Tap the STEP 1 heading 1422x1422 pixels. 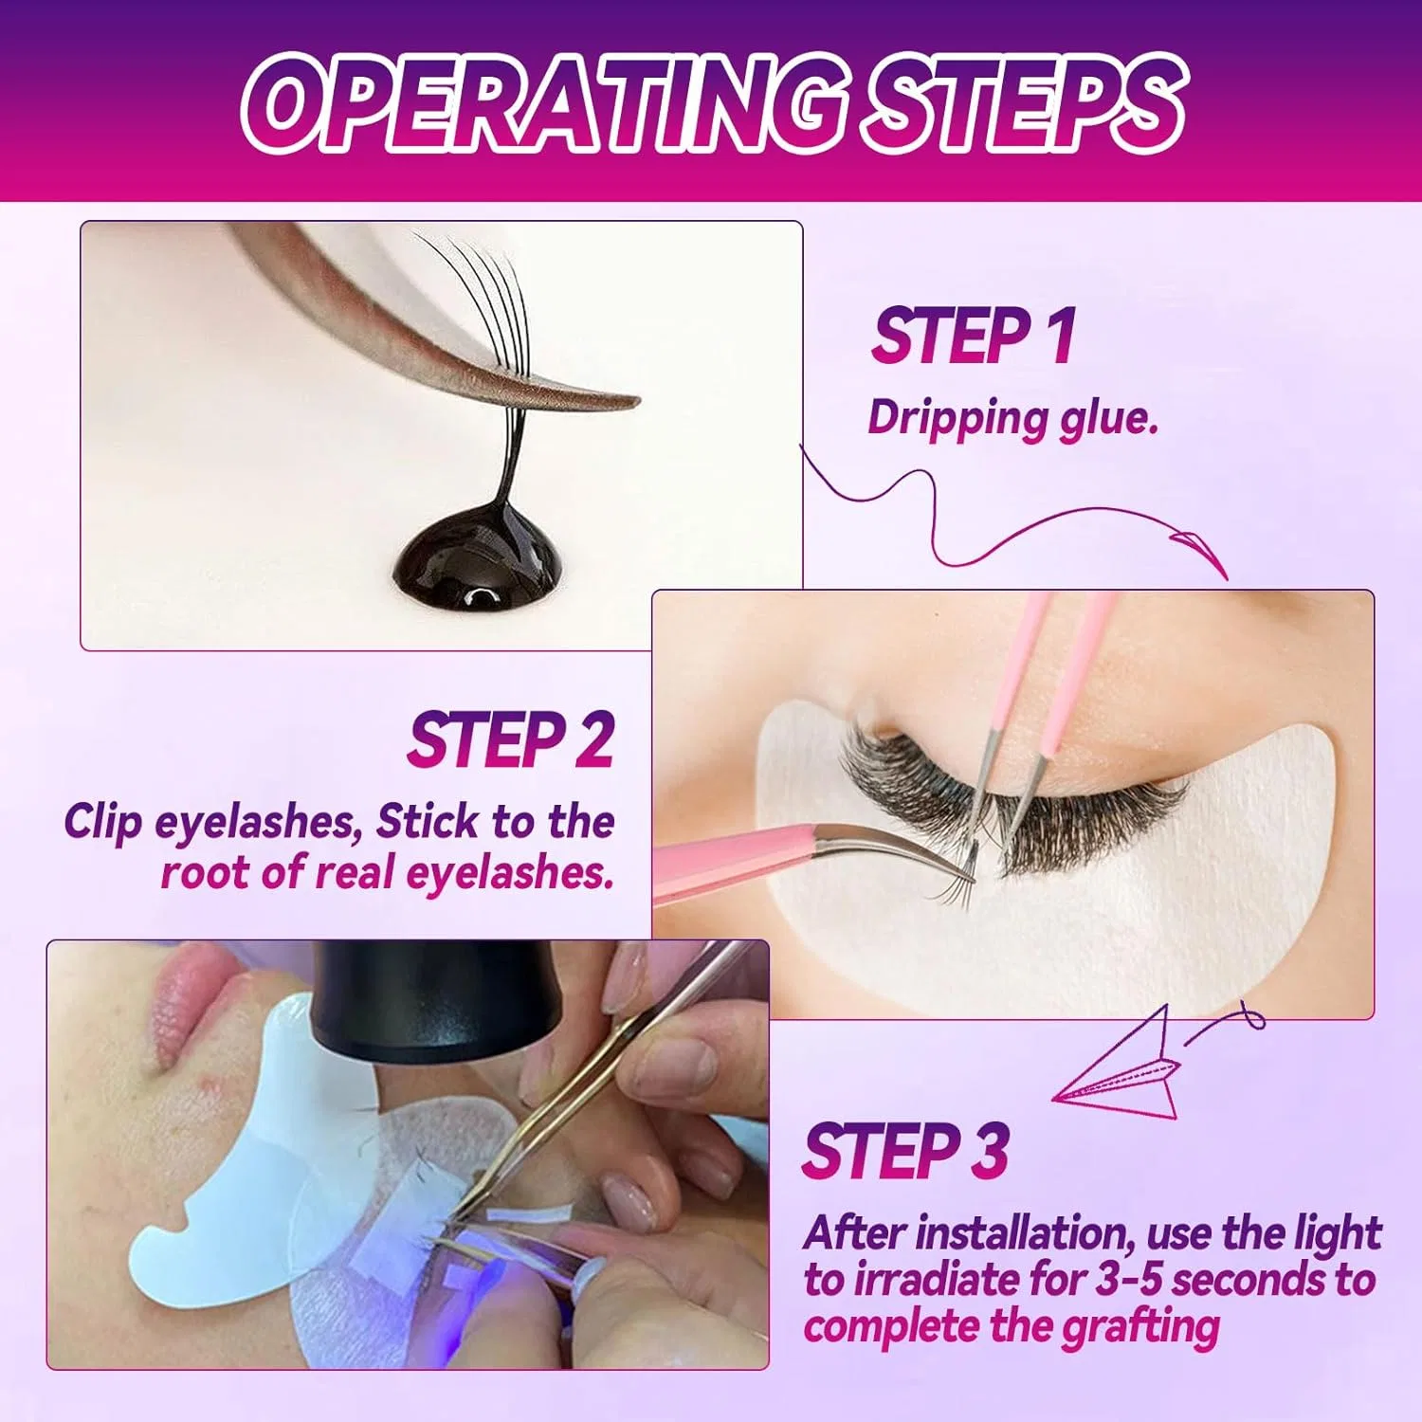[974, 336]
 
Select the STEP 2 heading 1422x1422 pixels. [511, 740]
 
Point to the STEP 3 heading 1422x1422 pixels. [905, 1151]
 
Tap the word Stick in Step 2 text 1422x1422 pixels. [428, 822]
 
